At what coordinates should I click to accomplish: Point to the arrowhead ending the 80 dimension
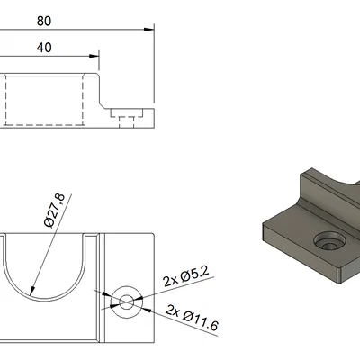[x=148, y=30]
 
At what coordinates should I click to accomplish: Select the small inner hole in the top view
[x=126, y=301]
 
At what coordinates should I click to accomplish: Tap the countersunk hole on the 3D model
[x=328, y=243]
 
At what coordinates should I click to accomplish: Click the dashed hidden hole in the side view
[x=127, y=116]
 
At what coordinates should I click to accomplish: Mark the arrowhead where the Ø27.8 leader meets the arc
[x=32, y=293]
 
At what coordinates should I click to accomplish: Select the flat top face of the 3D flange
[x=297, y=234]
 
